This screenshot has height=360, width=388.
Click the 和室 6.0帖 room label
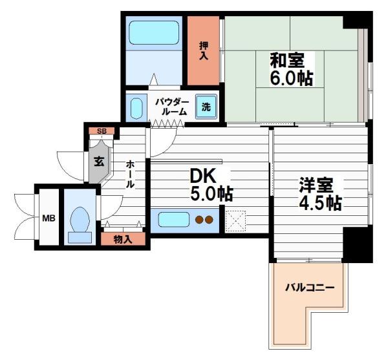pos(292,69)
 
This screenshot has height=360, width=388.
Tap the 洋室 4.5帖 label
pos(321,194)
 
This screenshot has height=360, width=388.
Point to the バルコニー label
pos(310,288)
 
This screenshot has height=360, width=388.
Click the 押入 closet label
pos(204,51)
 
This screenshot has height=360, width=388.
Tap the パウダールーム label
pos(172,107)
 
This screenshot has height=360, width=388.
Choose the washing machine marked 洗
pos(206,107)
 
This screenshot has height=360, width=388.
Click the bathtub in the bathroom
pos(154,32)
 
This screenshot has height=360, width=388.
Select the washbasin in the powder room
pos(136,109)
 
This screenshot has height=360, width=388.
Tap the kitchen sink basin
pos(174,219)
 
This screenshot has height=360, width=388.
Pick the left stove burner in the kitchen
pos(199,220)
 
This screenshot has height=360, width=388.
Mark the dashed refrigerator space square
pos(235,221)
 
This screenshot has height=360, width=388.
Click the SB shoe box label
pos(102,131)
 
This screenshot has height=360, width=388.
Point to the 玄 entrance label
pos(99,162)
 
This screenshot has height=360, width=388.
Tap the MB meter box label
pos(48,218)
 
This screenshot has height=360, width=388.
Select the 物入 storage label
pos(123,239)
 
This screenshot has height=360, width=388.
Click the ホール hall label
pos(131,175)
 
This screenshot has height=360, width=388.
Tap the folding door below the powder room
pos(167,123)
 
